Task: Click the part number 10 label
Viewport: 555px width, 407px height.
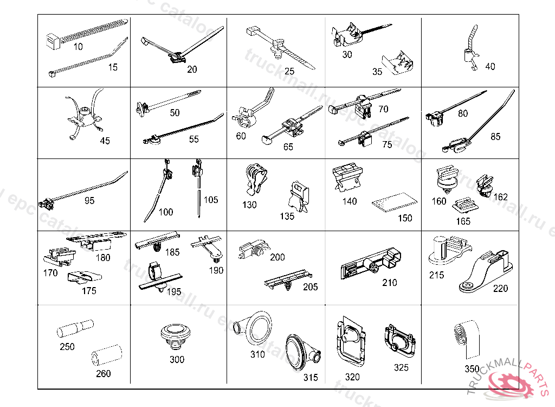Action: pyautogui.click(x=78, y=47)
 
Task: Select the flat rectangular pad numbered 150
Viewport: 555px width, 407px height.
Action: pyautogui.click(x=395, y=202)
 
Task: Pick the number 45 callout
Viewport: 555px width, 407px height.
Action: pyautogui.click(x=105, y=141)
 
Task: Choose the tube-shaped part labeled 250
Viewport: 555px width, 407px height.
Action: pyautogui.click(x=76, y=329)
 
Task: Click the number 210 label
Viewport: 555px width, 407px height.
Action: pyautogui.click(x=389, y=283)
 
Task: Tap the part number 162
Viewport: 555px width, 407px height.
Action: pyautogui.click(x=500, y=197)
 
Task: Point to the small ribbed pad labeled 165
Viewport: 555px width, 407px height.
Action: pyautogui.click(x=464, y=207)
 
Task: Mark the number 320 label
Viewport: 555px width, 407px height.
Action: pyautogui.click(x=352, y=376)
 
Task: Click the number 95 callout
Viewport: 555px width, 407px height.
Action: pyautogui.click(x=89, y=200)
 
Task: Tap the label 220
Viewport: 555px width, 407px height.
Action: pyautogui.click(x=500, y=288)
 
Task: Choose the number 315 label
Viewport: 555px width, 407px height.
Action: pyautogui.click(x=311, y=378)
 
